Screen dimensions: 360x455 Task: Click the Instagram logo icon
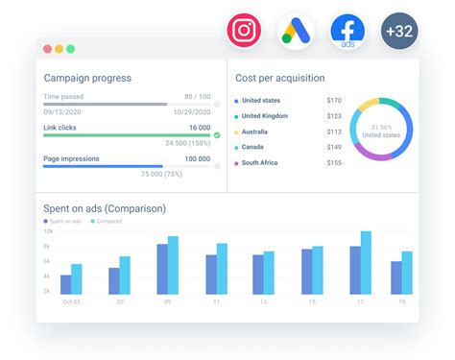click(x=245, y=30)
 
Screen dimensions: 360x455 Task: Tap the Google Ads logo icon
click(x=297, y=31)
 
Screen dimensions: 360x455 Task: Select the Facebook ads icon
click(x=347, y=31)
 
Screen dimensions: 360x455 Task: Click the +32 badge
click(x=399, y=31)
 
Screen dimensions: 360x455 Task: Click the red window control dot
click(x=46, y=48)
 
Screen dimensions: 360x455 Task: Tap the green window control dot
click(x=70, y=48)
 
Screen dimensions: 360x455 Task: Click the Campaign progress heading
click(x=87, y=78)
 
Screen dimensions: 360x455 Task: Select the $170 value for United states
click(x=333, y=101)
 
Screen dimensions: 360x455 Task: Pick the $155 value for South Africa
click(x=333, y=164)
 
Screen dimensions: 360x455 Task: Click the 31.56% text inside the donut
click(x=381, y=127)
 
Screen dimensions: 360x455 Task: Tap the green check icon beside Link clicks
click(x=217, y=135)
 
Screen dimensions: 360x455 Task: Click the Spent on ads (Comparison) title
click(x=105, y=208)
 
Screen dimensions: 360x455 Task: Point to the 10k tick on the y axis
click(x=47, y=232)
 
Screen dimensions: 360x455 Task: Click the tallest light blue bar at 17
click(x=366, y=262)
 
